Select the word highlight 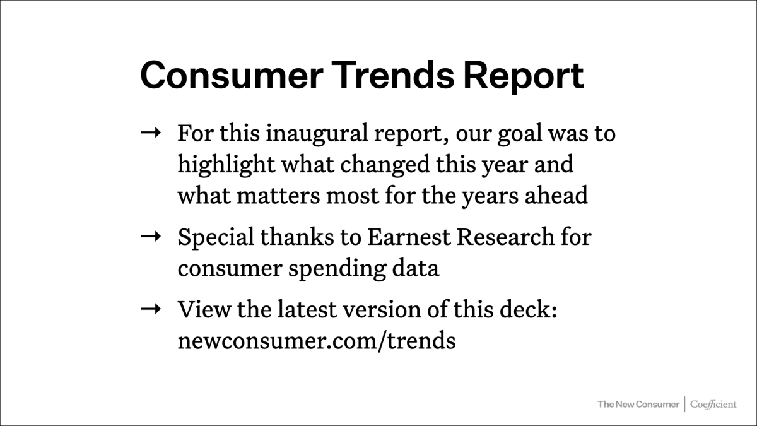(x=225, y=165)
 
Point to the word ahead (x=557, y=196)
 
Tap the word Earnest (x=408, y=237)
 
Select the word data (x=415, y=268)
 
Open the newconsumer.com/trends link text (x=316, y=341)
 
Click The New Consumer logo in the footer (x=638, y=404)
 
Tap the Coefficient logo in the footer (x=713, y=404)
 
